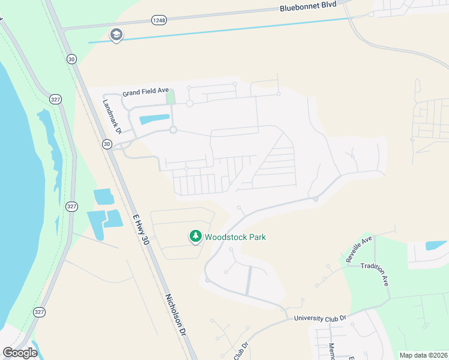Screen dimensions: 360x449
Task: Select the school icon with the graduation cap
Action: [116, 35]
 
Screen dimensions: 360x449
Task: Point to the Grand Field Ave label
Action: [146, 91]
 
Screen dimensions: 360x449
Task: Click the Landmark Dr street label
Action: [112, 116]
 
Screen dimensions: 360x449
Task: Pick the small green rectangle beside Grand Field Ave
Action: [171, 96]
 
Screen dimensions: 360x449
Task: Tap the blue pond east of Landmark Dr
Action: [154, 119]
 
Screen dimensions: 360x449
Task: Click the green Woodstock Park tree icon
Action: [195, 237]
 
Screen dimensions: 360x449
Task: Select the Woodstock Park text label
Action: [235, 237]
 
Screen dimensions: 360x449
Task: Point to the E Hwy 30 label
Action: [140, 226]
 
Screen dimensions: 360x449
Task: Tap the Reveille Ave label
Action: [359, 249]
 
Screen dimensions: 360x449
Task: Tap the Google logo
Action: [19, 353]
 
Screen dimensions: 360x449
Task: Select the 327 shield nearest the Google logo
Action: [40, 311]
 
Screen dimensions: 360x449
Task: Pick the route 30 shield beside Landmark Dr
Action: [107, 144]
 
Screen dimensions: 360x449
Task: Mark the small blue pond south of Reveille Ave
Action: [436, 245]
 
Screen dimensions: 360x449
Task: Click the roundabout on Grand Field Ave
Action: [189, 104]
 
